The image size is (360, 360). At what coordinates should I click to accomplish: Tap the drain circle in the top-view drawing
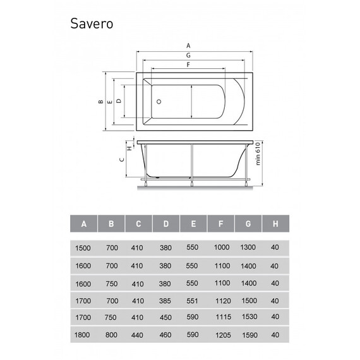click(159, 100)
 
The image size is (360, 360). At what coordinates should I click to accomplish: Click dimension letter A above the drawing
click(188, 45)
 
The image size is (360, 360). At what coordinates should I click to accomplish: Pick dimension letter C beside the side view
click(121, 160)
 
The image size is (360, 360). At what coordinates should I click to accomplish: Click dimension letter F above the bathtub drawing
click(188, 66)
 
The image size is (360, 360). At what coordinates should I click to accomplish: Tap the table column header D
click(166, 224)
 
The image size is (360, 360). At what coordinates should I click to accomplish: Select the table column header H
click(275, 224)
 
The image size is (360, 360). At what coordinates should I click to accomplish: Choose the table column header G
click(248, 224)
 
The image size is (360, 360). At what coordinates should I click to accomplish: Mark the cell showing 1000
click(221, 248)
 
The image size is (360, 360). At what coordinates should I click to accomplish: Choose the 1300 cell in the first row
click(248, 248)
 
